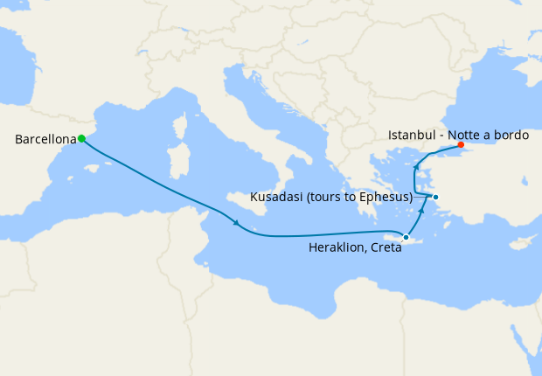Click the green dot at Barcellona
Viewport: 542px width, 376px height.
(81, 138)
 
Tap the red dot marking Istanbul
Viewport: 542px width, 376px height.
(461, 145)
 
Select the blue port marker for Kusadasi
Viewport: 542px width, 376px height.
(435, 197)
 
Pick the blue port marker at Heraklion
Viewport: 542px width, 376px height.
(406, 237)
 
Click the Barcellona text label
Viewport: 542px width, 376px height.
(45, 139)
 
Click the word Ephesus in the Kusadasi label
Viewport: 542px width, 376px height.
(384, 197)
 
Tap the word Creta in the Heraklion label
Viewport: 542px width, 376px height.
(385, 248)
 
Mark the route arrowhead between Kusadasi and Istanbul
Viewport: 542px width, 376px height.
(416, 167)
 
